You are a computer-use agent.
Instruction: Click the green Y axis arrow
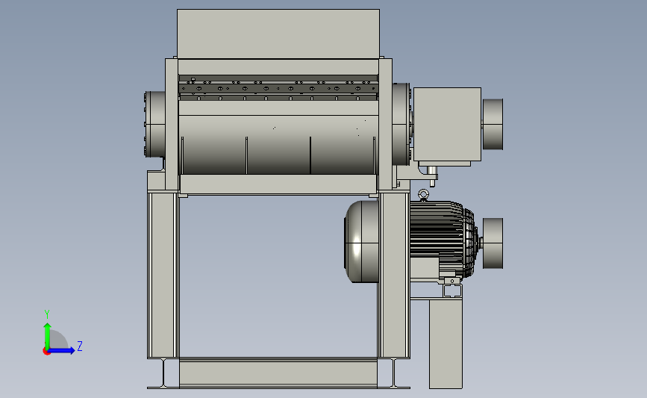click(48, 337)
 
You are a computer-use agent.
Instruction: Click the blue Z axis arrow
click(61, 350)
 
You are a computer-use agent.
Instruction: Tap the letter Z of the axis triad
click(80, 346)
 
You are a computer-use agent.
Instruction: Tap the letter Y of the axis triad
click(47, 314)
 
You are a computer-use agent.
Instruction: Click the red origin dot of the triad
click(46, 352)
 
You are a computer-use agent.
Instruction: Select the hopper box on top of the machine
click(278, 34)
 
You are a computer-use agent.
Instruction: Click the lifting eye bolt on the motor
click(423, 195)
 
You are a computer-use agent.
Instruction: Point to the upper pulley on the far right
click(493, 124)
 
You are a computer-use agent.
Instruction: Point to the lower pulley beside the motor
click(493, 243)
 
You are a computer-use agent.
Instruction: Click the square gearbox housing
click(447, 124)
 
